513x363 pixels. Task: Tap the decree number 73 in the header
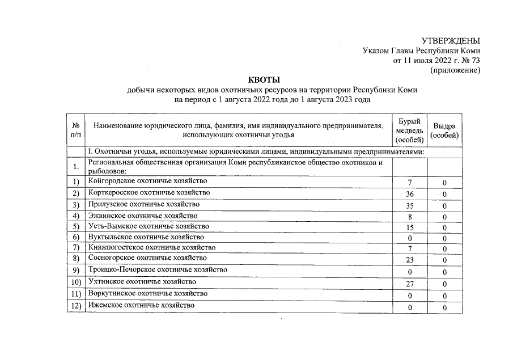[476, 61]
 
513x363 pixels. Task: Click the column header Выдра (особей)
[445, 131]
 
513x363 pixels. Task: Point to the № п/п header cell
[75, 130]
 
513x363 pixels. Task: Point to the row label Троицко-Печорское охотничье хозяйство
[158, 270]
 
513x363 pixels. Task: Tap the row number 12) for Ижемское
[76, 306]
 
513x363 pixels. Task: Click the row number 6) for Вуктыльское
[76, 237]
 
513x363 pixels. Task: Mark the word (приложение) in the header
[455, 70]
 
